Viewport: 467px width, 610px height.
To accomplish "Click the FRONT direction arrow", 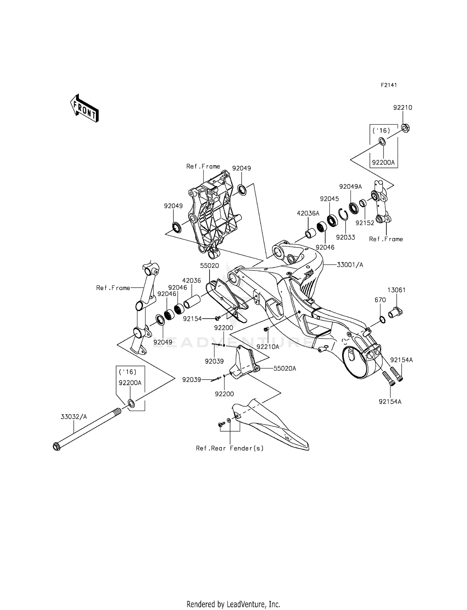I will (84, 108).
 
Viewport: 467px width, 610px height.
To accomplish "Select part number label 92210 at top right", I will (403, 108).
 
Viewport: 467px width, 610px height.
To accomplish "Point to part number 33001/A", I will (350, 265).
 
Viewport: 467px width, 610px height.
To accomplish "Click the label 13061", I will (396, 290).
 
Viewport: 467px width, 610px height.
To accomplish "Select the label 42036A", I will (308, 213).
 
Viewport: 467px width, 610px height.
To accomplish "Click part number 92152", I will (365, 223).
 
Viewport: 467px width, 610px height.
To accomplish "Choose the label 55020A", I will (285, 368).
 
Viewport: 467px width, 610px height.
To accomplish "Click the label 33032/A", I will (74, 417).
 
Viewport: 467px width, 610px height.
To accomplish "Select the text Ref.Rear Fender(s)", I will (230, 448).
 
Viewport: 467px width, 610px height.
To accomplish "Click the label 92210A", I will (268, 346).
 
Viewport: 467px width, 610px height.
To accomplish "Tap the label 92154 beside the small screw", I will (192, 319).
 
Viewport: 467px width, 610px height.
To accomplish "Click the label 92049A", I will (351, 187).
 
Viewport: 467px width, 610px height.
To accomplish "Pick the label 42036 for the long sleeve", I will (191, 280).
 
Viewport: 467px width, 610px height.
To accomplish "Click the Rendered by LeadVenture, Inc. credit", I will (233, 604).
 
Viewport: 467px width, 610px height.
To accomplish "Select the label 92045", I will (329, 199).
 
